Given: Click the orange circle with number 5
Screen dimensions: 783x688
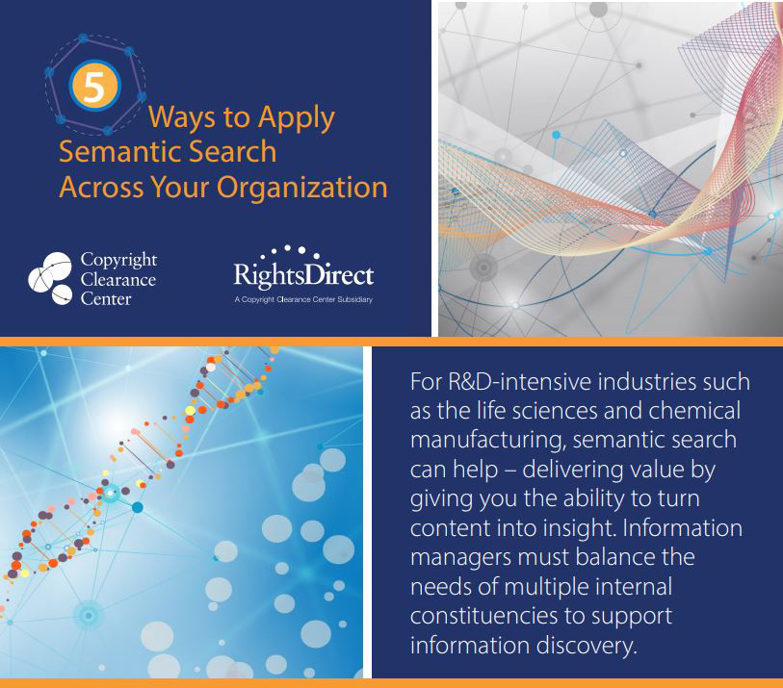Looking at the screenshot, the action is tap(94, 86).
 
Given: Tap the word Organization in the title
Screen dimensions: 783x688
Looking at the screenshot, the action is tap(302, 188).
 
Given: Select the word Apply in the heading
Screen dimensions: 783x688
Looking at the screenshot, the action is tap(297, 118).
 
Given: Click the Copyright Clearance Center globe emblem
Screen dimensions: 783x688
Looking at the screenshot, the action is tap(50, 278).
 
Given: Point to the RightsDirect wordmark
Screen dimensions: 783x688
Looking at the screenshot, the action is tap(303, 273).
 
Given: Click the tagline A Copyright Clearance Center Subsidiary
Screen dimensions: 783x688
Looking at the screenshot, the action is tap(303, 299).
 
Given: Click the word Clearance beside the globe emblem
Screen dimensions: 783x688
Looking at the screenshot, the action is tap(118, 279).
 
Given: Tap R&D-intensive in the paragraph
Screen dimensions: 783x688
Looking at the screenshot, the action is tap(519, 382).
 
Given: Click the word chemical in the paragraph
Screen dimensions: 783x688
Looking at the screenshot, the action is tap(694, 411).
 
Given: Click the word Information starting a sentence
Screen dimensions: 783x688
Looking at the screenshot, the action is tap(683, 528).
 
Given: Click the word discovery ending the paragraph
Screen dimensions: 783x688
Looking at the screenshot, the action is tap(587, 646).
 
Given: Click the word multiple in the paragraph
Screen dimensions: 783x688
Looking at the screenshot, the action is tap(547, 587).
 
